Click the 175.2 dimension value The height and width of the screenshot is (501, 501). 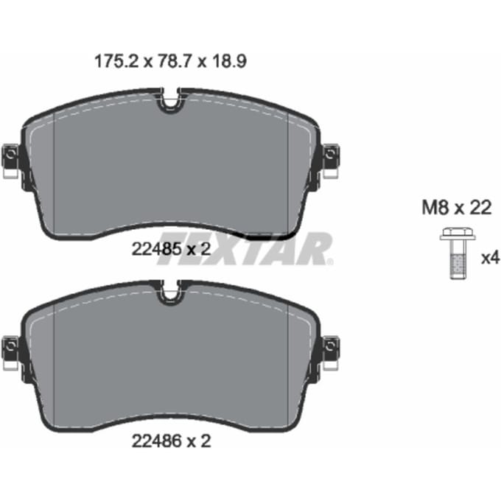[116, 61]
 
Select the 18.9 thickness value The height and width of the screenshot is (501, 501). [229, 61]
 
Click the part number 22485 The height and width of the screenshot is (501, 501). [156, 249]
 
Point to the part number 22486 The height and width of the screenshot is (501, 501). [156, 441]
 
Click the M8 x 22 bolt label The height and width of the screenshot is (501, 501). [457, 208]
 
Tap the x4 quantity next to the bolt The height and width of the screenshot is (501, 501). [491, 258]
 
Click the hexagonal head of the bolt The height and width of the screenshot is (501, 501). [458, 234]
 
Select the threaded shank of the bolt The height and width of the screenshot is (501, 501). [458, 259]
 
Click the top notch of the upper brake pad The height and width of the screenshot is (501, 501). [171, 101]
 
